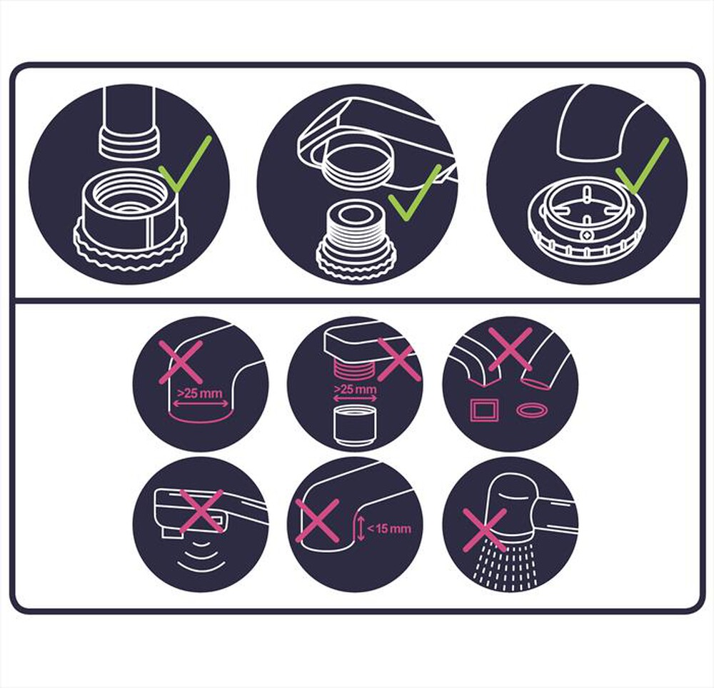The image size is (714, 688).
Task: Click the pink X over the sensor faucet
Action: click(x=201, y=511)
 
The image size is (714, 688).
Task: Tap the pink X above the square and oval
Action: click(x=510, y=349)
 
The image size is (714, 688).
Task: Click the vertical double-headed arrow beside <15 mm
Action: click(x=361, y=529)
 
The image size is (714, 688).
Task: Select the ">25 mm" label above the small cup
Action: click(x=356, y=390)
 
